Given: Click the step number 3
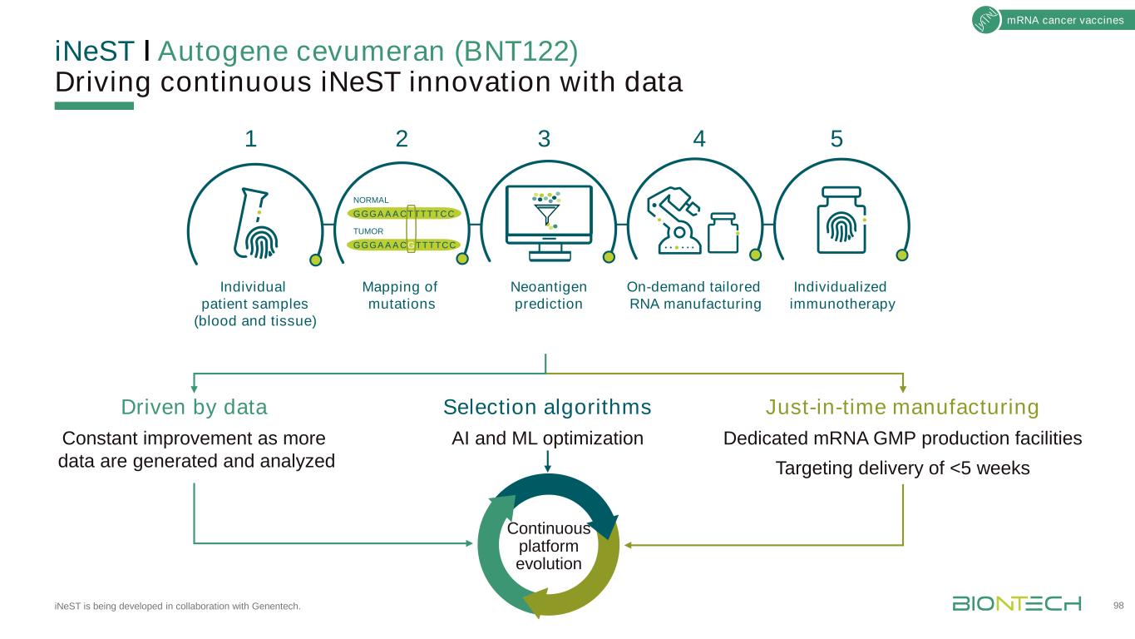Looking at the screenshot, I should tap(544, 139).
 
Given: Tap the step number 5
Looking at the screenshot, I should tap(837, 139).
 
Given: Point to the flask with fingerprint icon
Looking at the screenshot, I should tap(255, 223).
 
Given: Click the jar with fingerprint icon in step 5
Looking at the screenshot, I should tap(841, 220).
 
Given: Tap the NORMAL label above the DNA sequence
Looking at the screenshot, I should tap(371, 201).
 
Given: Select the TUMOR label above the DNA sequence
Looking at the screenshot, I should tap(368, 231).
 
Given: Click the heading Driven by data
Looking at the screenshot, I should tap(195, 407).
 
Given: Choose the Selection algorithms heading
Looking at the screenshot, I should tap(547, 407).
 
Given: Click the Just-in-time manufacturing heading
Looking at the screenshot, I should tap(902, 407).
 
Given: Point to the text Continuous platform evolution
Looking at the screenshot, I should tap(548, 547).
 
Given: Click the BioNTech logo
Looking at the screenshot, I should tap(1016, 603).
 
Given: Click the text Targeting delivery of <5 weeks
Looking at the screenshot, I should tap(902, 468).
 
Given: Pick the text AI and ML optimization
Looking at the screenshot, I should tap(547, 438).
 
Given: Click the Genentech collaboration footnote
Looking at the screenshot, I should tap(177, 606).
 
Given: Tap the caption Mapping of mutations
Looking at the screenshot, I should tap(401, 295).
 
